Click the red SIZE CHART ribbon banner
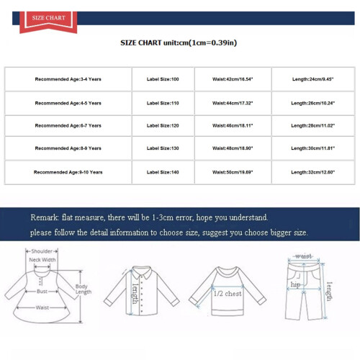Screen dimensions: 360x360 [x=48, y=22]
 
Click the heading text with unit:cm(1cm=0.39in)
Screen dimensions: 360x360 [x=179, y=43]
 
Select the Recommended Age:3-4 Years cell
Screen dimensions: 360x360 [x=68, y=79]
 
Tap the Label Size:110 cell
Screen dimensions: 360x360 [x=163, y=103]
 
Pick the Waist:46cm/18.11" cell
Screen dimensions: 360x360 [x=233, y=125]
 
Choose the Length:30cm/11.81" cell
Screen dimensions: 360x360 [x=313, y=148]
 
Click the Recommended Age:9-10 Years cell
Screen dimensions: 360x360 [x=68, y=172]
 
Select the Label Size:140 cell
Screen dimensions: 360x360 [x=163, y=172]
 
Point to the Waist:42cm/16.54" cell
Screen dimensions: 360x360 [x=233, y=79]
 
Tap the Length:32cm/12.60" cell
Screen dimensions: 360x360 [x=313, y=172]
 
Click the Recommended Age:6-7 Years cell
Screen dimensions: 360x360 [x=68, y=125]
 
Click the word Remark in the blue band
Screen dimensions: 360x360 [x=45, y=217]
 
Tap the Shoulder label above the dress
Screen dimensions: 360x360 [x=42, y=251]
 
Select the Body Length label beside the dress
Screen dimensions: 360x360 [x=84, y=289]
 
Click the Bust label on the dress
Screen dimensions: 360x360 [x=42, y=292]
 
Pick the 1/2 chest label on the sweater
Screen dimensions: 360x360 [x=228, y=294]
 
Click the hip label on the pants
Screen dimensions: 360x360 [x=295, y=285]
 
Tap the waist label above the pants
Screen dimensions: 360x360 [x=304, y=256]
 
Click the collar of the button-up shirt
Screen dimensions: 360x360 [x=142, y=272]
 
